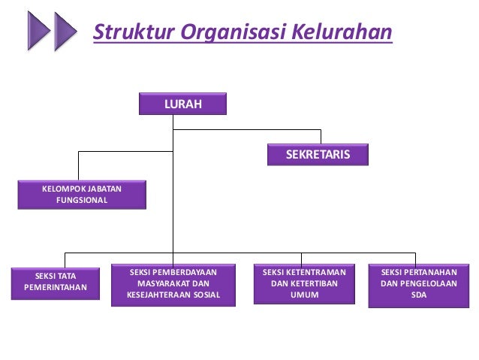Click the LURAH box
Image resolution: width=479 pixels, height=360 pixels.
[183, 104]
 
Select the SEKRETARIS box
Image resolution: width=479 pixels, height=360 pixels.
[318, 154]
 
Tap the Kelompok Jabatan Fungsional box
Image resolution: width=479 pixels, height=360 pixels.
[82, 194]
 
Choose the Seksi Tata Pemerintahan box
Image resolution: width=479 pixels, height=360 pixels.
[56, 282]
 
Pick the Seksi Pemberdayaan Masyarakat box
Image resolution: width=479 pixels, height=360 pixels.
[173, 283]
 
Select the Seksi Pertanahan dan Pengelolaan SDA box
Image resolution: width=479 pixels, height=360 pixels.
[418, 283]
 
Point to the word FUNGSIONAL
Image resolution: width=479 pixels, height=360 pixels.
[82, 201]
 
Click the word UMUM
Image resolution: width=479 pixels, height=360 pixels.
[305, 295]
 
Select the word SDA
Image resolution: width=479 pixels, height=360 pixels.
[418, 295]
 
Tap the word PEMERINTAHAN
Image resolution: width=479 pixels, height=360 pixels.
[56, 288]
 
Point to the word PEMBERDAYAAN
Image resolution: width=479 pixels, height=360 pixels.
[185, 271]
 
